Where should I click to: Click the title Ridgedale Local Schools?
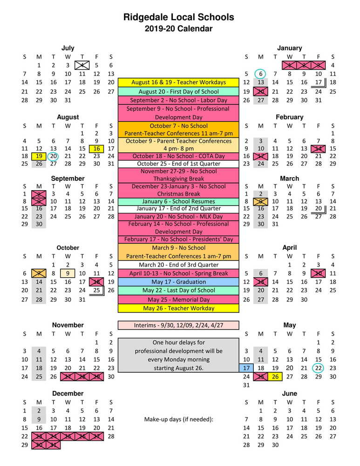click(179, 18)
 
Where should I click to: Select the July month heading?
click(68, 48)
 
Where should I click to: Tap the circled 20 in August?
click(53, 157)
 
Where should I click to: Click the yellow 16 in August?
click(96, 149)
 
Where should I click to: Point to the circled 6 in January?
click(261, 74)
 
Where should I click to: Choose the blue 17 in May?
click(246, 368)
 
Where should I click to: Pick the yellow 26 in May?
click(275, 377)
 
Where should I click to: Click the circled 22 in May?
click(319, 368)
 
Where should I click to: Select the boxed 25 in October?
click(96, 290)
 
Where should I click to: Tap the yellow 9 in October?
click(68, 274)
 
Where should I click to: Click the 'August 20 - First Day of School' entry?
click(178, 92)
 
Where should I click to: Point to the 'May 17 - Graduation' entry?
click(178, 282)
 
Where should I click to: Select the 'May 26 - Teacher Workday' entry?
click(178, 308)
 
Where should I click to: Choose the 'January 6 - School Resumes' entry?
click(178, 201)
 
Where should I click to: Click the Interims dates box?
click(178, 325)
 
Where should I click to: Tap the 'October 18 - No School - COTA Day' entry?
click(178, 156)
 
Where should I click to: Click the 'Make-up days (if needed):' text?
click(178, 419)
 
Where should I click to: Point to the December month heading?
click(68, 394)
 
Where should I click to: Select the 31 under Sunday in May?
click(246, 385)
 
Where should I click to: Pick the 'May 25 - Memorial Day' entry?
click(178, 300)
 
